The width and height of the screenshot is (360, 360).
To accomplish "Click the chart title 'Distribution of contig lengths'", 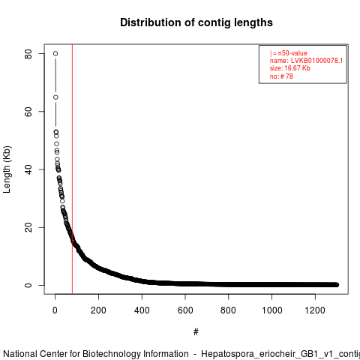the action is pyautogui.click(x=196, y=22).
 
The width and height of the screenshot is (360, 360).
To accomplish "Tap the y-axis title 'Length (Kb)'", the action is pyautogui.click(x=7, y=169).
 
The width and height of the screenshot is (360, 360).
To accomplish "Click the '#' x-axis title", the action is pyautogui.click(x=196, y=331).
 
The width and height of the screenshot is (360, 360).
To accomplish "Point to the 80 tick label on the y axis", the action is pyautogui.click(x=28, y=54).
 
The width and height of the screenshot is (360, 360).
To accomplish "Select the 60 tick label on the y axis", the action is pyautogui.click(x=28, y=112).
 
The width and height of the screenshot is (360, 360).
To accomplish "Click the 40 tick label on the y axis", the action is pyautogui.click(x=28, y=169).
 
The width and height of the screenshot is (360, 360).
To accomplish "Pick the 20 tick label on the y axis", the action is pyautogui.click(x=28, y=227).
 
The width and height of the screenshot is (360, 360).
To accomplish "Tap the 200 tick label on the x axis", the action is pyautogui.click(x=98, y=310).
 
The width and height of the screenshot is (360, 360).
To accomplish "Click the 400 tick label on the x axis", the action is pyautogui.click(x=142, y=310).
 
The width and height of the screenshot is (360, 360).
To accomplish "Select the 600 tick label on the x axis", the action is pyautogui.click(x=185, y=310).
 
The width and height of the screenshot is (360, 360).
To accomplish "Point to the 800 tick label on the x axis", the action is pyautogui.click(x=228, y=310).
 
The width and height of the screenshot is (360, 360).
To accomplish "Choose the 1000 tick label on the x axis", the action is pyautogui.click(x=271, y=310).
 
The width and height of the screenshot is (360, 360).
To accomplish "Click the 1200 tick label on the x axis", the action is pyautogui.click(x=315, y=310).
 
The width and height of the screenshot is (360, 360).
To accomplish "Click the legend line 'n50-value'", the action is pyautogui.click(x=289, y=53).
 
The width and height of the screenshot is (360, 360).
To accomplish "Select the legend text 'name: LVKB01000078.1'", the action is pyautogui.click(x=306, y=61).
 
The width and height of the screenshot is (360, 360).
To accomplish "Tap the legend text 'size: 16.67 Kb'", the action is pyautogui.click(x=290, y=68).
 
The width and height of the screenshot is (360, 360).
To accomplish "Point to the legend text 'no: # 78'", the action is pyautogui.click(x=281, y=76).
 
